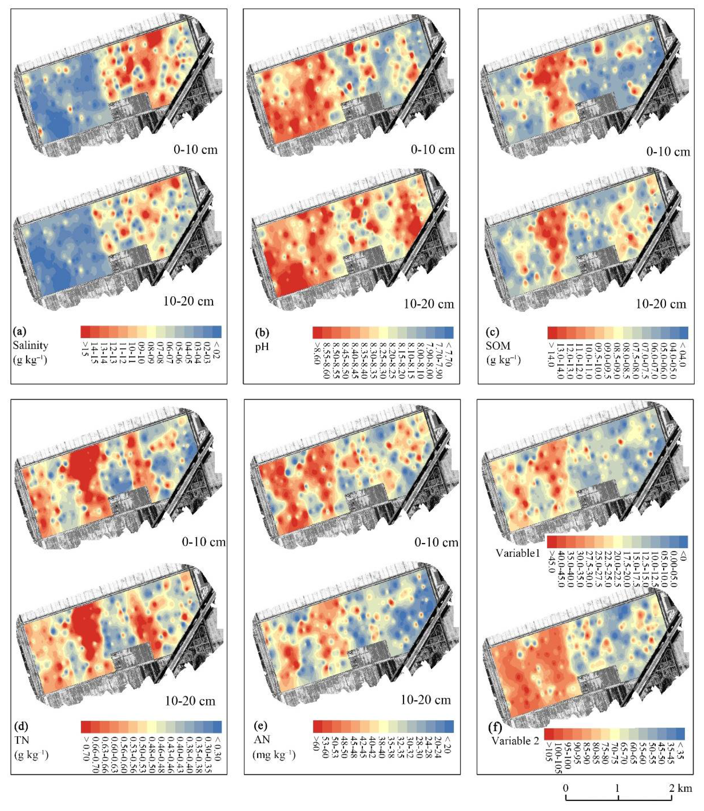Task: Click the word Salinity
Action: pyautogui.click(x=30, y=345)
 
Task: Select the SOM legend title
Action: pyautogui.click(x=498, y=346)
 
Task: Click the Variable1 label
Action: pyautogui.click(x=518, y=553)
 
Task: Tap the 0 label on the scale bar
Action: pyautogui.click(x=566, y=788)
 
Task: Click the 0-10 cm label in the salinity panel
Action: pyautogui.click(x=196, y=150)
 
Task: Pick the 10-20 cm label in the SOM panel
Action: pyautogui.click(x=661, y=304)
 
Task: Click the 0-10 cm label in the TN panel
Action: pyautogui.click(x=203, y=542)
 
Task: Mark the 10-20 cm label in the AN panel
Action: pyautogui.click(x=425, y=700)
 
